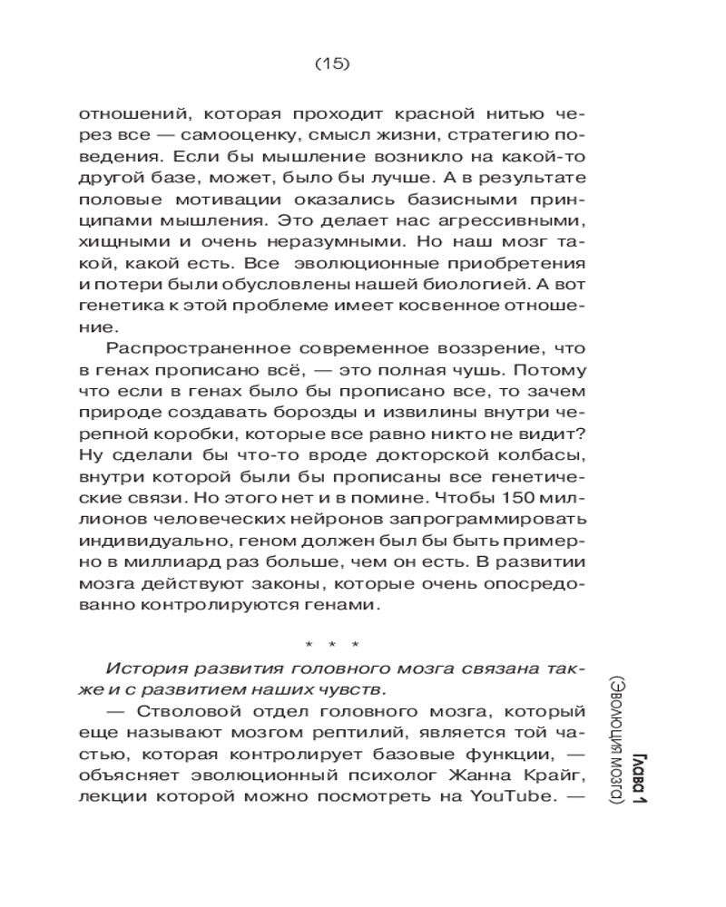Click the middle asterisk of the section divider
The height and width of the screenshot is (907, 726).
pyautogui.click(x=332, y=645)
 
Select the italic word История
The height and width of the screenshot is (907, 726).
pyautogui.click(x=143, y=668)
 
